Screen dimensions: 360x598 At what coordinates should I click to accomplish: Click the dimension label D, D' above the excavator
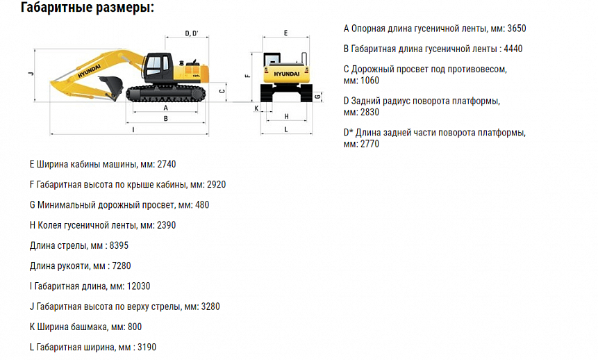192,33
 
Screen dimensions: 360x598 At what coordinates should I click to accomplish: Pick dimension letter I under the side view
133,129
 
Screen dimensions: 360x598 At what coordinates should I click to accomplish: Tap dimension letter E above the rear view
285,33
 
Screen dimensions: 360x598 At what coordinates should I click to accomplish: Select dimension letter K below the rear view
256,108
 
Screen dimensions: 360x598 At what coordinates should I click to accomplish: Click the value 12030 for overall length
138,286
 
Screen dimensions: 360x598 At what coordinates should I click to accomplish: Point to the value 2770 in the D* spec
369,144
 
